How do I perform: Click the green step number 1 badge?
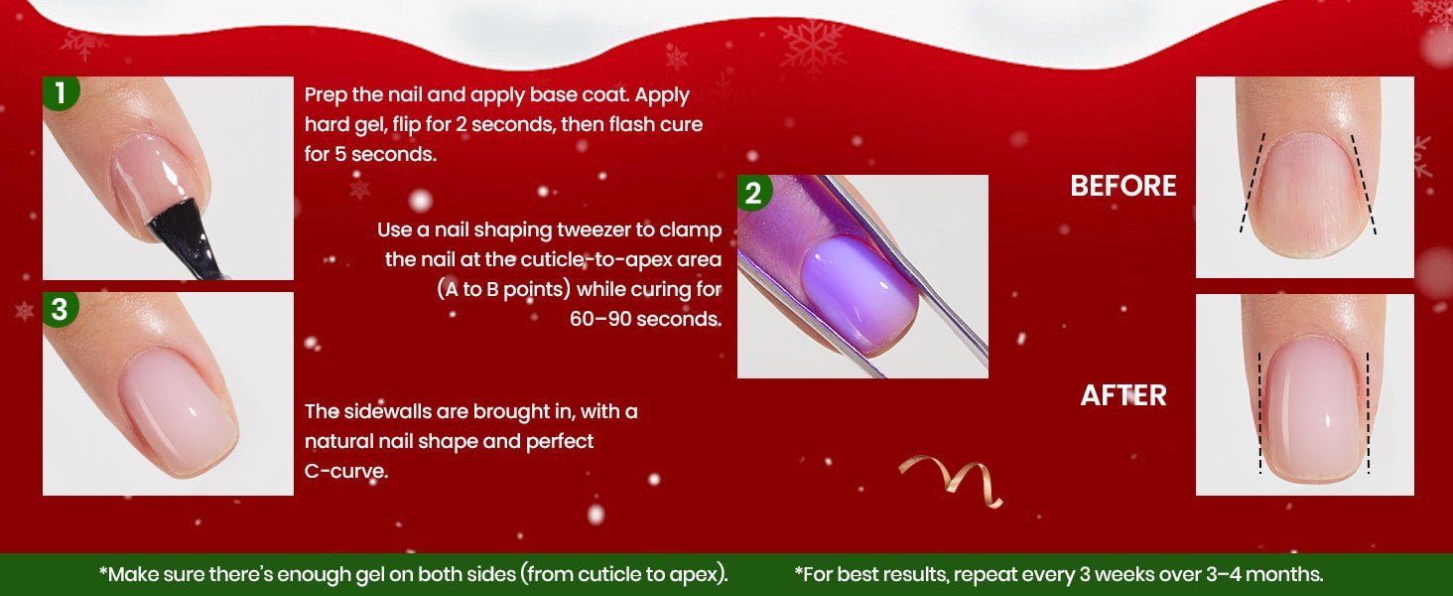tap(61, 92)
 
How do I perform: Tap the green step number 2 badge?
tap(753, 193)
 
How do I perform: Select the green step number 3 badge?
tap(61, 310)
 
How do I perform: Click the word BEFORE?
tap(1123, 187)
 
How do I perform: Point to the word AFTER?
tap(1123, 395)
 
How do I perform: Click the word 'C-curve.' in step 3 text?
tap(345, 471)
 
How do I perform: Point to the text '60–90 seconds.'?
tap(645, 319)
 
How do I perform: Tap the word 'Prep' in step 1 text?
tap(325, 95)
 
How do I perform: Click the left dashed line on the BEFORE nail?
tap(1253, 183)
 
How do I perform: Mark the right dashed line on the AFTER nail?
tap(1368, 413)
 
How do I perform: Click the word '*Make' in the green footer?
tap(128, 574)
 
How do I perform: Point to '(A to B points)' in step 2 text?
tap(503, 289)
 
